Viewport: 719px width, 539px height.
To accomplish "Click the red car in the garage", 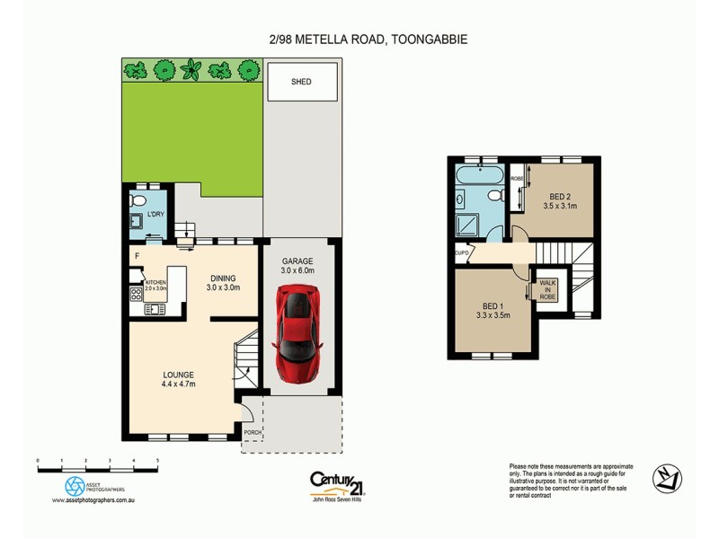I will pos(297,331).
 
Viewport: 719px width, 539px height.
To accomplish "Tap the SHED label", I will pos(301,82).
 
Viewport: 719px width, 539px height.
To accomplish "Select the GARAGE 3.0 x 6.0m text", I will pos(297,265).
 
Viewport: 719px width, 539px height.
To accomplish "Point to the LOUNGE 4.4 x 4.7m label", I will pos(179,379).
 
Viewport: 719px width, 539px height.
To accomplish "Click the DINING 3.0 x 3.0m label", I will pos(223,283).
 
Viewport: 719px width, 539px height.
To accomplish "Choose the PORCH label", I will pos(253,432).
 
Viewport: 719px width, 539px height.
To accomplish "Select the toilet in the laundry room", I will pos(138,199).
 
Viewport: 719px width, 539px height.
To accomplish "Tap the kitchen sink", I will pos(154,310).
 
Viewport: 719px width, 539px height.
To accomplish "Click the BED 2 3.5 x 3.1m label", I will pos(560,200).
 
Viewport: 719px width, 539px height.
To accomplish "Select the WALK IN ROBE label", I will pos(548,289).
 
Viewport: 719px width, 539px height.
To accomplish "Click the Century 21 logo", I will pos(337,484).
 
